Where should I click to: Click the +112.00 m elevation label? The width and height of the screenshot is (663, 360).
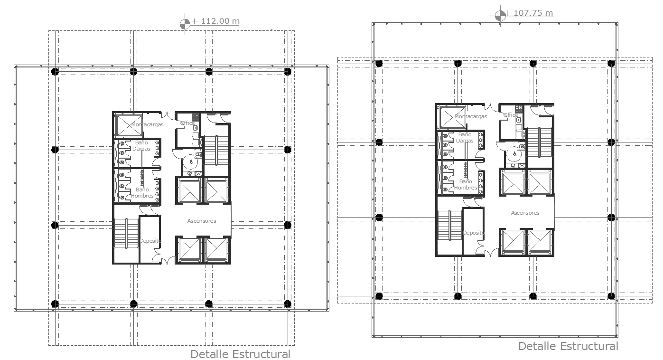215,21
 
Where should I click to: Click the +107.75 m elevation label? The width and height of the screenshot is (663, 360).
529,13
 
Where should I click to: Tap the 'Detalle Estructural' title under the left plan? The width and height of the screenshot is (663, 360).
240,354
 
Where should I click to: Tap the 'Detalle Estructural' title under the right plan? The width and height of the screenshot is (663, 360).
568,346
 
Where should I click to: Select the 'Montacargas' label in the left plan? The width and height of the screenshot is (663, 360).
147,124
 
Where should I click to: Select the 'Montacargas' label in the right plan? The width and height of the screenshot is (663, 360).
470,116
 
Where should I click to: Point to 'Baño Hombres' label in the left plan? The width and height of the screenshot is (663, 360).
142,193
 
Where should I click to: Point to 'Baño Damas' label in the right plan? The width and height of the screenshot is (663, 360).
465,137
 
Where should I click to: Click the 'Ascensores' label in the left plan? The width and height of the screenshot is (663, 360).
202,221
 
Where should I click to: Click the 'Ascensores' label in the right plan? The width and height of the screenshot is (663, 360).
525,213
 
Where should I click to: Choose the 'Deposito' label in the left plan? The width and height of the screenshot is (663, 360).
150,241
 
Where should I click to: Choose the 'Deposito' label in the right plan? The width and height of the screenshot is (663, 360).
473,233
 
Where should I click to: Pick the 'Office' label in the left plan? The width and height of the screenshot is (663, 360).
187,123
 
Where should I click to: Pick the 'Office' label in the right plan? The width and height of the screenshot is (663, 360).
511,115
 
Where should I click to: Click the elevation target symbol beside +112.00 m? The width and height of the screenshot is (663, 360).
185,22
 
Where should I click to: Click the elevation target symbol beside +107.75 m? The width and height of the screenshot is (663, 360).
500,14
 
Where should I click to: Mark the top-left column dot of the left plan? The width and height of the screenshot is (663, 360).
55,71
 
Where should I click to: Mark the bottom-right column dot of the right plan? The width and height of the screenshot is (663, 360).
611,296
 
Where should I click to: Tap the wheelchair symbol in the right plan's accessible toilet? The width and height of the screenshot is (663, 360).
514,154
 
